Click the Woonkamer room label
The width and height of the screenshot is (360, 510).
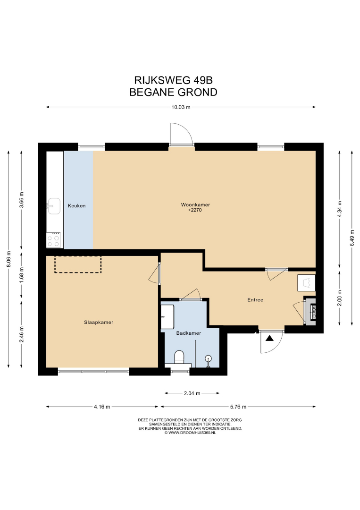coord(195,205)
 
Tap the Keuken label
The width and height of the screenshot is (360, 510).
coord(77,205)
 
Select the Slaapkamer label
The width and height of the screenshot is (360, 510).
coord(99,323)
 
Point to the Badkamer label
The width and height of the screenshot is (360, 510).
coord(188,333)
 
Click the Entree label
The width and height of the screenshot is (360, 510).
coord(255,300)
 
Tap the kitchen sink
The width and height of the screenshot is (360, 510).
coord(54,206)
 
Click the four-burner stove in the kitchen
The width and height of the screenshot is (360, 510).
coord(54,240)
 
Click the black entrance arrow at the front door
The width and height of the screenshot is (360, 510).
coord(269,338)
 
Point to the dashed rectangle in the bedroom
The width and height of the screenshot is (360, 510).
coord(78,264)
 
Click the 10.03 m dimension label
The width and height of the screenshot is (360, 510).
coord(181,107)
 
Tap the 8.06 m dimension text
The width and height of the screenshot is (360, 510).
coord(9,259)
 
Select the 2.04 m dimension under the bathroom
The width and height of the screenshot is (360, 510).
coord(192,393)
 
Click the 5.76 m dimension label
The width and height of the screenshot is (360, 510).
coord(238,407)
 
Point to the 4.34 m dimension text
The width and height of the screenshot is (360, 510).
coord(340,211)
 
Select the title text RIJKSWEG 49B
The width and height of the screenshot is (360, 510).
coord(174,80)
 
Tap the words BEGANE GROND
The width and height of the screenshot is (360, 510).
coord(174,93)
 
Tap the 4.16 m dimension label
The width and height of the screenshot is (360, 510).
coord(102,407)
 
